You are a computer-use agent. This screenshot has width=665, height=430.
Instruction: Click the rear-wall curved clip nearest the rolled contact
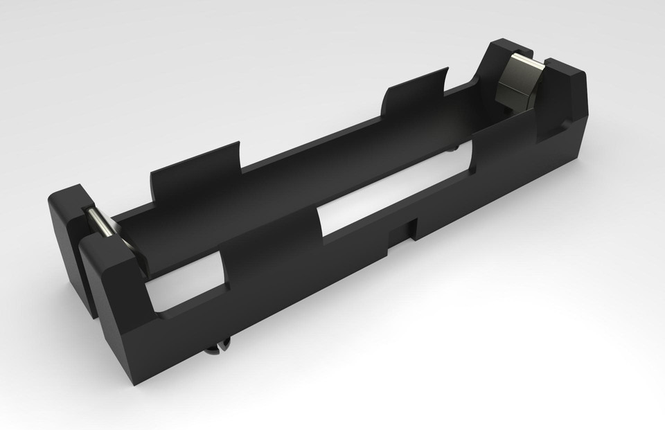(194, 177)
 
